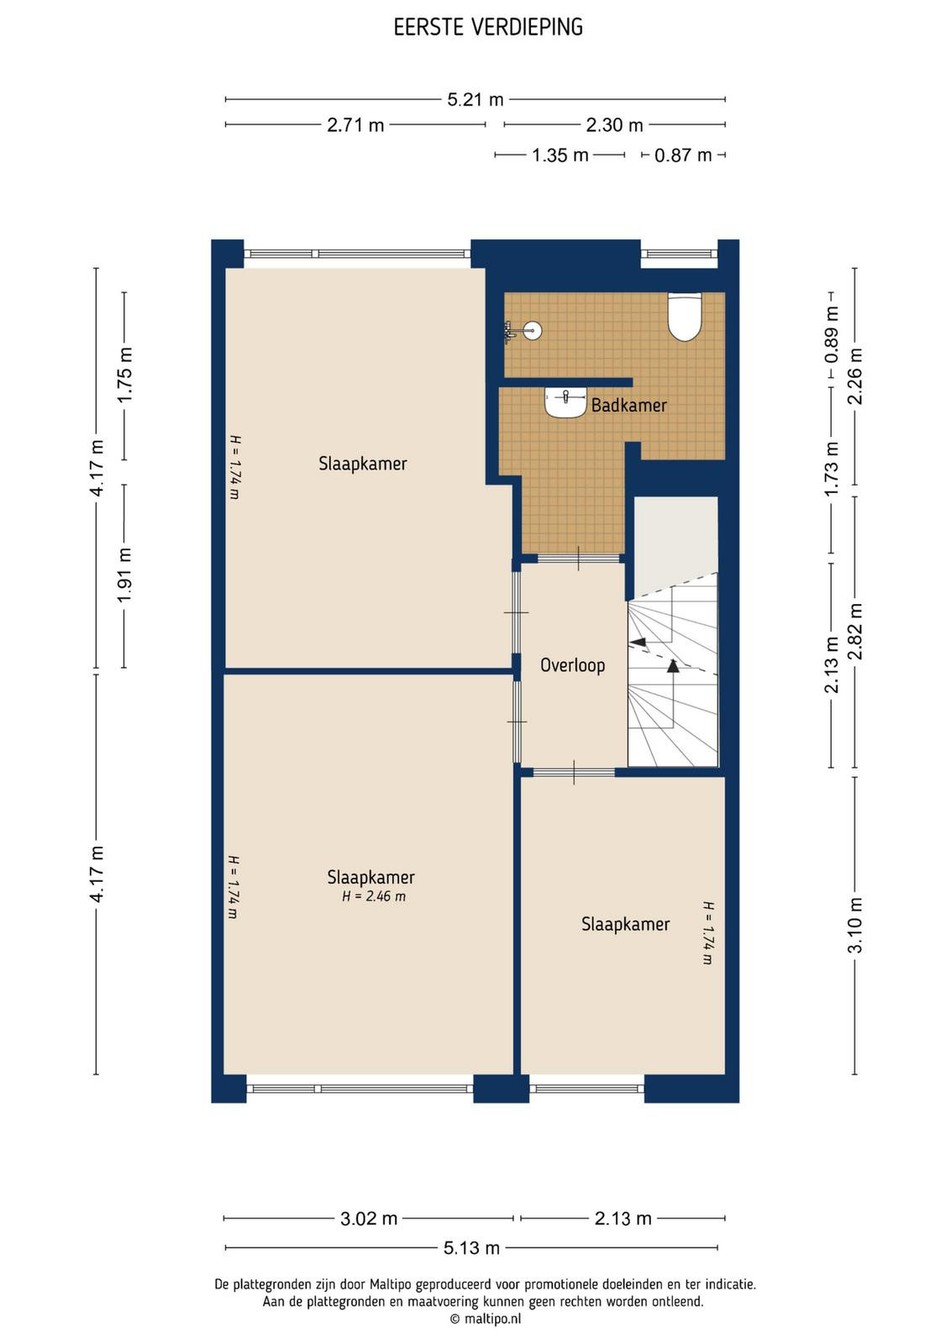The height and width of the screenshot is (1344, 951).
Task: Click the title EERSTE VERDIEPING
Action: pyautogui.click(x=488, y=27)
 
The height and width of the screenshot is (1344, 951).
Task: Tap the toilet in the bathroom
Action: pyautogui.click(x=685, y=316)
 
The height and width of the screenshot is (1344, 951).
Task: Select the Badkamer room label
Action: pyautogui.click(x=628, y=405)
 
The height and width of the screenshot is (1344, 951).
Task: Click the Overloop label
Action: pyautogui.click(x=572, y=664)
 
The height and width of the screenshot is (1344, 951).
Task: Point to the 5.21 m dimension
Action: pyautogui.click(x=475, y=99)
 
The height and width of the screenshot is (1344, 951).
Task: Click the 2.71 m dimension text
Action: pyautogui.click(x=355, y=125)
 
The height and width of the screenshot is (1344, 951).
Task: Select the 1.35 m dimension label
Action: pyautogui.click(x=560, y=155)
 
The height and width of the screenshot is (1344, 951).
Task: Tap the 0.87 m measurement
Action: pyautogui.click(x=683, y=155)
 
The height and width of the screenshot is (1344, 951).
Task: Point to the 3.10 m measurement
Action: pyautogui.click(x=854, y=925)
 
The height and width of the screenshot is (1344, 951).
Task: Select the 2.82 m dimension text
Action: pyautogui.click(x=854, y=631)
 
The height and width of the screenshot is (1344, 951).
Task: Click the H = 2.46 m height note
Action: pyautogui.click(x=374, y=896)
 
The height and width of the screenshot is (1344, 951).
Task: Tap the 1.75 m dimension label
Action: pyautogui.click(x=124, y=375)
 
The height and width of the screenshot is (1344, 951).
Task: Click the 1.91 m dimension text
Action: pyautogui.click(x=124, y=575)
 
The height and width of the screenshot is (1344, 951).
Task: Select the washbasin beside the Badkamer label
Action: pyautogui.click(x=565, y=402)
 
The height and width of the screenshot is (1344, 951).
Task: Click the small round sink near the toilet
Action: pyautogui.click(x=532, y=331)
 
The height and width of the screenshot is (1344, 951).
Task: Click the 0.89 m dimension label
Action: pyautogui.click(x=831, y=336)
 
